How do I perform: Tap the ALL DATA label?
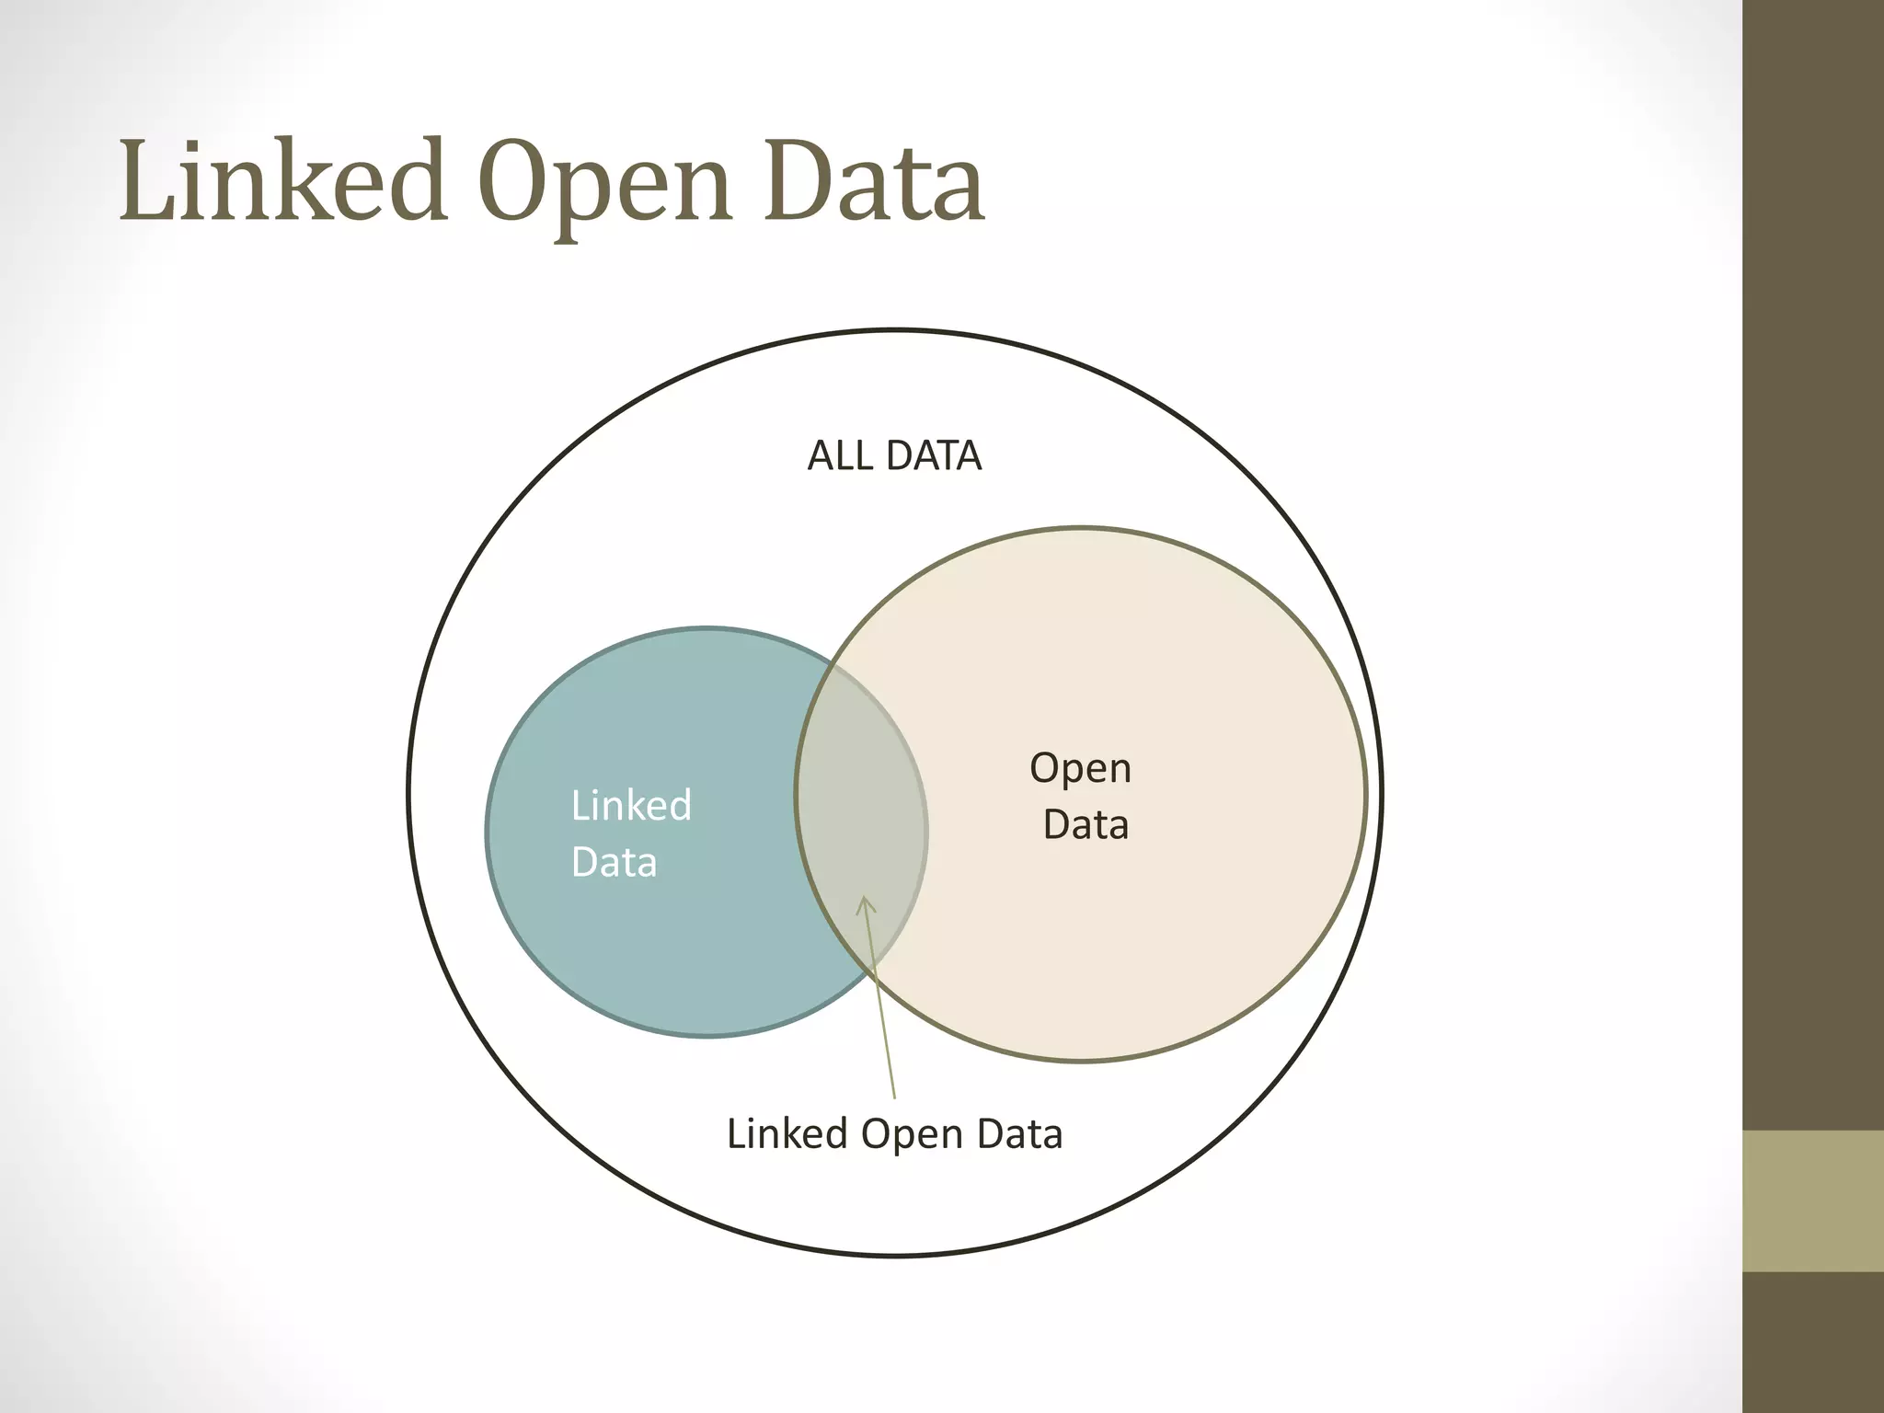894,456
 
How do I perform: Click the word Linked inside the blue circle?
631,806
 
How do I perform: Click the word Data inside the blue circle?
614,863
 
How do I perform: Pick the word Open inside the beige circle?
1080,769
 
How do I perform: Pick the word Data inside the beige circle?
1086,825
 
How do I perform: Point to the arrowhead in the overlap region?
865,905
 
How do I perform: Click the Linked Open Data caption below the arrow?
894,1134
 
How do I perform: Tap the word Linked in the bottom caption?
787,1134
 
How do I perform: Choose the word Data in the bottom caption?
1019,1134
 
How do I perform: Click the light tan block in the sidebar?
1813,1200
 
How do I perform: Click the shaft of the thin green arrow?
881,1012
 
